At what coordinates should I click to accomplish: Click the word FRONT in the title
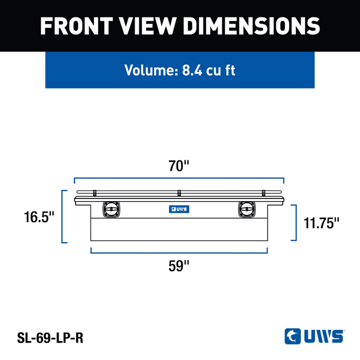pyautogui.click(x=77, y=26)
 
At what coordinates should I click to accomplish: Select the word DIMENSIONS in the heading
pyautogui.click(x=251, y=26)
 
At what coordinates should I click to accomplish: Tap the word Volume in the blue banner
pyautogui.click(x=151, y=70)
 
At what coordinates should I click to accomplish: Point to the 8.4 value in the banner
pyautogui.click(x=192, y=70)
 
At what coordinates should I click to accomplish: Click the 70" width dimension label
pyautogui.click(x=179, y=166)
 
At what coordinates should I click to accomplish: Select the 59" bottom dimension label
pyautogui.click(x=179, y=266)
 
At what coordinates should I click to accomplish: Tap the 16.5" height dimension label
pyautogui.click(x=39, y=217)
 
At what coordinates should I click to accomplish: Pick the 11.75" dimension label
pyautogui.click(x=321, y=223)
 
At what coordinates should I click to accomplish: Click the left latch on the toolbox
pyautogui.click(x=111, y=209)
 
